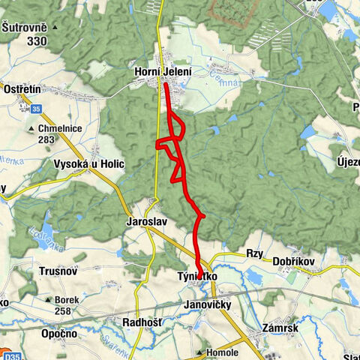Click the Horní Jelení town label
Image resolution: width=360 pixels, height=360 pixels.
coord(163,72)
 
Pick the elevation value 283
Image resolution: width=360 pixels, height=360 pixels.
coord(46,139)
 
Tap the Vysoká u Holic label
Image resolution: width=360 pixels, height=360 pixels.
coord(87,163)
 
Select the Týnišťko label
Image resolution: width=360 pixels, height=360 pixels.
coord(198,276)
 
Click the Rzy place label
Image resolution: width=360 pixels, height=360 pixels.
coord(256,253)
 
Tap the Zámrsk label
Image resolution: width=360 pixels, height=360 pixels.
coord(283,328)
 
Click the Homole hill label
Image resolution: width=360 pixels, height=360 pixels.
coord(223,352)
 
